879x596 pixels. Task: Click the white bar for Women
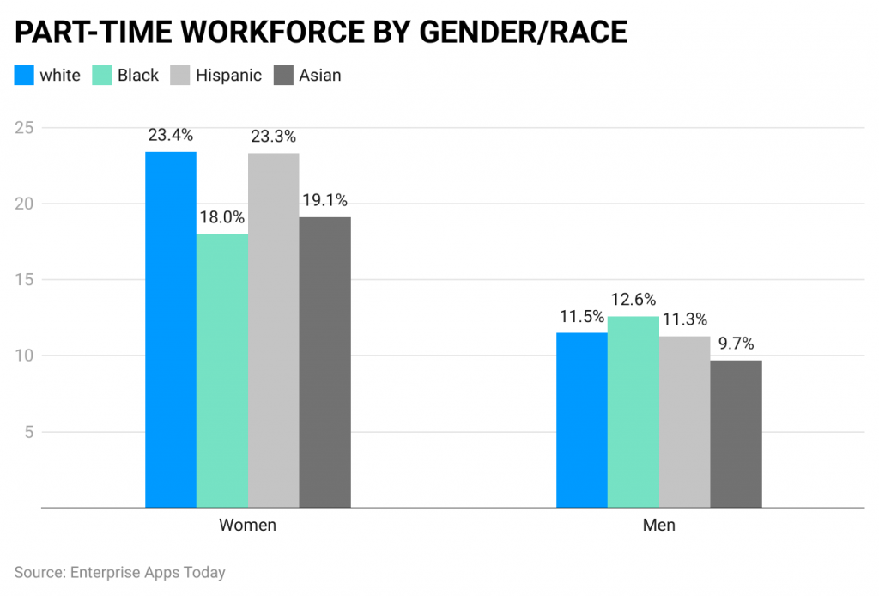pyautogui.click(x=171, y=330)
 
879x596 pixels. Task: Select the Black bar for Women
pyautogui.click(x=222, y=371)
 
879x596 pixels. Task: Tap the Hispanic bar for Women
pyautogui.click(x=274, y=331)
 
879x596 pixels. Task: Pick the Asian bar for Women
pyautogui.click(x=325, y=362)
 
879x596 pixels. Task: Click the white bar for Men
pyautogui.click(x=582, y=420)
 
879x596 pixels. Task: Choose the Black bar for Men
pyautogui.click(x=633, y=412)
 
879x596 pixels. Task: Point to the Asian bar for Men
pyautogui.click(x=737, y=434)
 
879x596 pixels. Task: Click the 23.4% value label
pyautogui.click(x=170, y=135)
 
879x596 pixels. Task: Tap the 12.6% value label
pyautogui.click(x=633, y=300)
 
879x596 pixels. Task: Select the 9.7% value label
pyautogui.click(x=737, y=344)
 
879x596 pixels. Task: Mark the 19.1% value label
pyautogui.click(x=324, y=200)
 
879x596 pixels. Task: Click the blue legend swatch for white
pyautogui.click(x=24, y=76)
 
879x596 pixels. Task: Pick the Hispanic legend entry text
pyautogui.click(x=228, y=76)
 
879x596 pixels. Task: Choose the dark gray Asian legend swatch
pyautogui.click(x=284, y=76)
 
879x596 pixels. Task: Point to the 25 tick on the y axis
pyautogui.click(x=26, y=128)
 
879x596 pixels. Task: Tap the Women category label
pyautogui.click(x=247, y=525)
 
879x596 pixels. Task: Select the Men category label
pyautogui.click(x=659, y=525)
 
